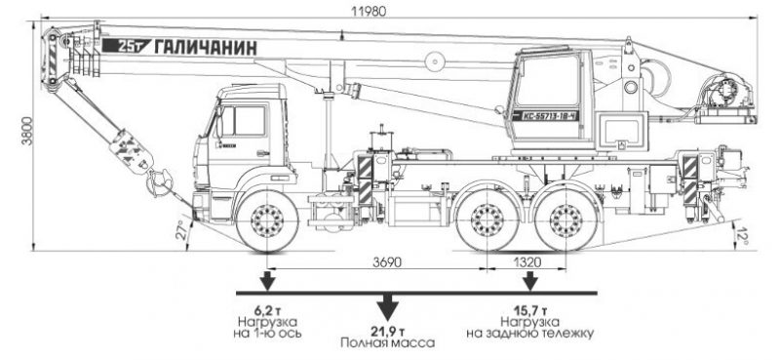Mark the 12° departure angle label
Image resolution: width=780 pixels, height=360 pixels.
tap(745, 234)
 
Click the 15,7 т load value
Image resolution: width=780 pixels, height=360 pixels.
tap(529, 309)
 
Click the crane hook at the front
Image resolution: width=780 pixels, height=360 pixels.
tap(156, 180)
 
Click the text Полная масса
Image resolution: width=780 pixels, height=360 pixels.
tap(387, 344)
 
